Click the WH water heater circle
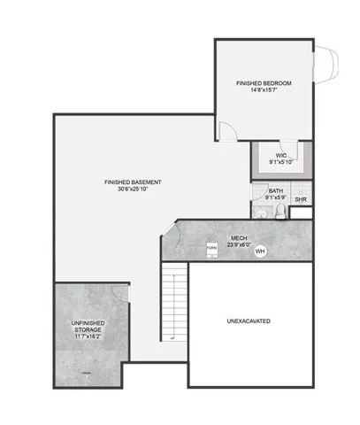click(x=260, y=251)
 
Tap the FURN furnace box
click(x=212, y=249)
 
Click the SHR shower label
click(x=301, y=199)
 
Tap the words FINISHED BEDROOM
click(x=263, y=83)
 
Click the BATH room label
click(x=276, y=190)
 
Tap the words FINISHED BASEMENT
click(x=132, y=182)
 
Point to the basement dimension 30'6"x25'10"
click(x=132, y=189)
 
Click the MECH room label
click(x=239, y=237)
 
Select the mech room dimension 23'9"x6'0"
click(x=239, y=245)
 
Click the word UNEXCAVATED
click(x=249, y=320)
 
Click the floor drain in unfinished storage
click(x=86, y=374)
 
